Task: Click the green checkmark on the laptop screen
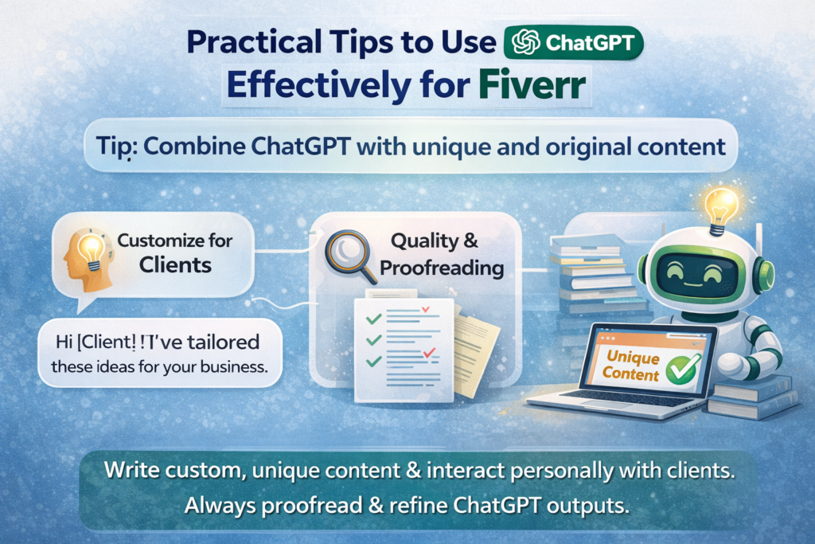click(682, 367)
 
